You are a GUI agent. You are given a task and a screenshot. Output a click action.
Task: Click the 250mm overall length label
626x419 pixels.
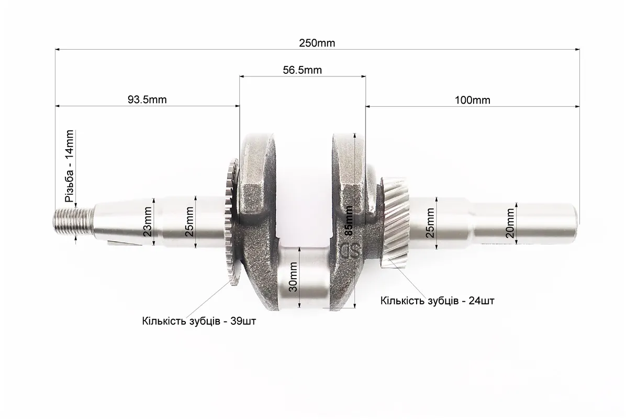point(317,43)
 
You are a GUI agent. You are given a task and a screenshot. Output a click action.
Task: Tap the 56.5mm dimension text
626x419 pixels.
point(302,70)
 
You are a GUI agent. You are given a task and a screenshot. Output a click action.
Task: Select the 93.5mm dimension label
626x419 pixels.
point(147,100)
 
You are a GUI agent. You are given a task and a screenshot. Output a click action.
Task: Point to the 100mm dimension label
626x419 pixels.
point(472,100)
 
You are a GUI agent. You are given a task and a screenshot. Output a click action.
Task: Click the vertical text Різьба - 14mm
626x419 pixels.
point(69,166)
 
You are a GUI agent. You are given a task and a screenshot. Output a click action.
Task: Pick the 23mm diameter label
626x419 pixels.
point(147,221)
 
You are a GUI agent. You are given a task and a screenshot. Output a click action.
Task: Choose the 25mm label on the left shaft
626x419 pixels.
point(189,221)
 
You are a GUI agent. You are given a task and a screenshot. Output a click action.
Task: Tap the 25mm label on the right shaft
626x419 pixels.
point(430,223)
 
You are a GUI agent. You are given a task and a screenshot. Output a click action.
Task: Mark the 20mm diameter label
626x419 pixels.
point(510,223)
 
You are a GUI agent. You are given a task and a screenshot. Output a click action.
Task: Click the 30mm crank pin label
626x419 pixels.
point(293,277)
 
